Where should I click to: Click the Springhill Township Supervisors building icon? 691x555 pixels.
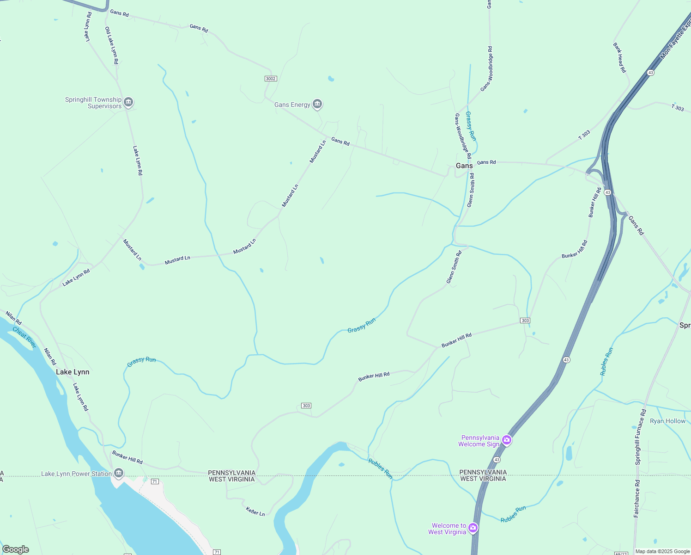128,102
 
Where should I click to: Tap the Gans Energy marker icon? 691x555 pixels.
317,104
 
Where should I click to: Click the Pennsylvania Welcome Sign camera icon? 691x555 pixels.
507,440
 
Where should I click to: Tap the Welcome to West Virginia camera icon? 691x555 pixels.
473,528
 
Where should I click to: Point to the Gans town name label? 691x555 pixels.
464,166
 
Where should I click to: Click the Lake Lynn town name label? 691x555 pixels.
73,372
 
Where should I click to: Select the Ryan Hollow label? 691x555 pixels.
667,421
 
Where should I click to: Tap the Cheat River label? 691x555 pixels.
24,337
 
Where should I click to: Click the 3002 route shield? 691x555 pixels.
271,79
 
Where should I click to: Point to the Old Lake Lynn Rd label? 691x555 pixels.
112,45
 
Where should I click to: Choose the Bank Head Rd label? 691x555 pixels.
619,58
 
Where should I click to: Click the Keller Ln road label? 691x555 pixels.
255,511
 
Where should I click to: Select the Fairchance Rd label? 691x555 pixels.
637,498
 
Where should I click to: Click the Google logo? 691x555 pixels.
16,549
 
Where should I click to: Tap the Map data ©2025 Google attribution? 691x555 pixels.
662,551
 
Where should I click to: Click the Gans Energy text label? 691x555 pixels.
292,105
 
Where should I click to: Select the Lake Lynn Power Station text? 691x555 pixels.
76,474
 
